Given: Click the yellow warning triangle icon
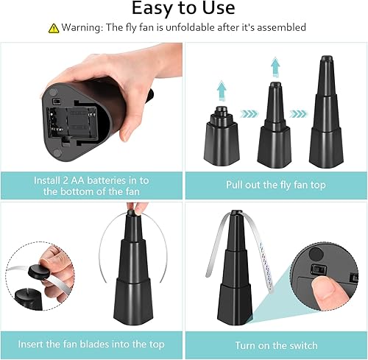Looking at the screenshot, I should click(x=53, y=28).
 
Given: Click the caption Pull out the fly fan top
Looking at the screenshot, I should click(x=275, y=186).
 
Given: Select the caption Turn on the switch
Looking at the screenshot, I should click(x=275, y=344).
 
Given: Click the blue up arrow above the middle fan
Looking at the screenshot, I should click(x=275, y=66).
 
